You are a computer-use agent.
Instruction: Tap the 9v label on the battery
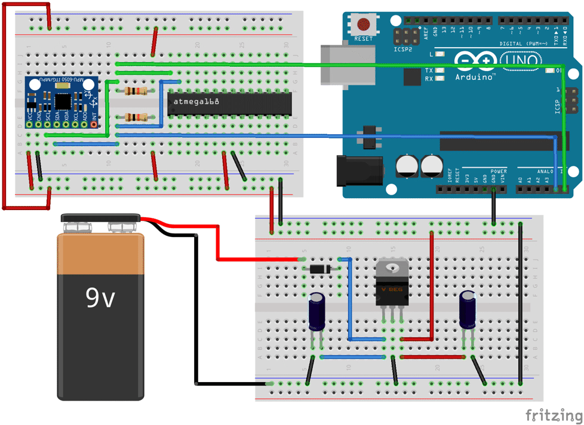point(100,297)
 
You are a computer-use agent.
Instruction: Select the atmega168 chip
point(230,103)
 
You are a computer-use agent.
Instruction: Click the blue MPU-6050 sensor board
point(60,103)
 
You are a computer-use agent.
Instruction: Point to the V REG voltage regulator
point(391,285)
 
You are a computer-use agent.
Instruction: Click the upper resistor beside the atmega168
point(137,91)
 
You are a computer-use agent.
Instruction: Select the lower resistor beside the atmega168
point(137,118)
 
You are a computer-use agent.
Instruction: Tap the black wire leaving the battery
point(197,310)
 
